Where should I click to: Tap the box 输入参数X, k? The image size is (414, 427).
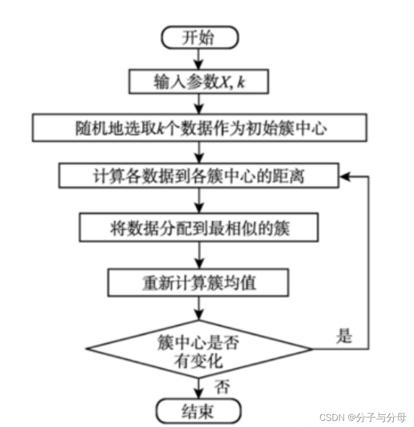198,82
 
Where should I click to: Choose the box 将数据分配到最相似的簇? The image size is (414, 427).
198,228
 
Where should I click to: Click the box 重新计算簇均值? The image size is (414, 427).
198,282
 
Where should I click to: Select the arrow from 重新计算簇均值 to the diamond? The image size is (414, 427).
198,309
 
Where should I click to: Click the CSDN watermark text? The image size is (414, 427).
332,417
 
